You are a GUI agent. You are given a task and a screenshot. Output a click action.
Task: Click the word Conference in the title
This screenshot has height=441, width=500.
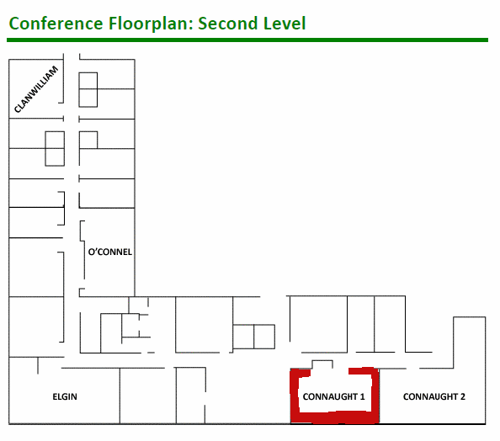tap(56, 24)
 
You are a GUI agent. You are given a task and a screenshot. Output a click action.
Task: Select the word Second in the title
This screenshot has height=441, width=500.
tap(228, 24)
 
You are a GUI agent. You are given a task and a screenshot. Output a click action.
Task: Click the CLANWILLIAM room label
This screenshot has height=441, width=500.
tap(36, 89)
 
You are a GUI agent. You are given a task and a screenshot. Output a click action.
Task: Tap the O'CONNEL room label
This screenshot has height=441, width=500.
tap(110, 252)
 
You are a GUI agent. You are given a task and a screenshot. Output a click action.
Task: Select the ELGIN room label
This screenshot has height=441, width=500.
tap(65, 396)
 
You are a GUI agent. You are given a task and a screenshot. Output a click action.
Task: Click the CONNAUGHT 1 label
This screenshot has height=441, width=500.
tap(333, 396)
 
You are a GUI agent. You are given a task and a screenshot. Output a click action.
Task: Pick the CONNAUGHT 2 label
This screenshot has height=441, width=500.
tap(434, 396)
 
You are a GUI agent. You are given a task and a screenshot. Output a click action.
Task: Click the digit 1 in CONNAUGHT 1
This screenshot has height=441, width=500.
tap(362, 396)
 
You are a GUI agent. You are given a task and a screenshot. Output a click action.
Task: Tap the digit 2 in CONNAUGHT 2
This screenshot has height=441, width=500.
tap(463, 396)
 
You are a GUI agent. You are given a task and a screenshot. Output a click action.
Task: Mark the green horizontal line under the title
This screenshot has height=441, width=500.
tap(247, 40)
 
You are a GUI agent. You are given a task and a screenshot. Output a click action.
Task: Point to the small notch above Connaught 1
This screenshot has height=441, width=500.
tap(322, 361)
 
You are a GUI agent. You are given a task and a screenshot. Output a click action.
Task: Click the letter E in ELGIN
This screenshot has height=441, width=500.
tap(55, 396)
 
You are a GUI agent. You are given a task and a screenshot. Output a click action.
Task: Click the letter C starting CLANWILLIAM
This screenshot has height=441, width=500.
tap(17, 109)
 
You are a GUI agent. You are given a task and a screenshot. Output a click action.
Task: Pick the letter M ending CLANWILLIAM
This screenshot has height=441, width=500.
tap(54, 70)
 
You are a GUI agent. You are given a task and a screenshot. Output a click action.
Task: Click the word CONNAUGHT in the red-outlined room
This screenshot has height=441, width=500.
tap(330, 396)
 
